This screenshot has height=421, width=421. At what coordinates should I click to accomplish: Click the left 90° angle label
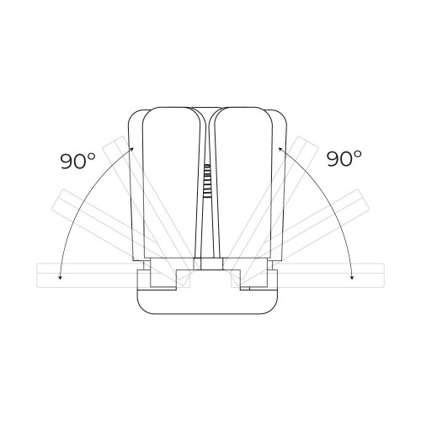[x=77, y=161]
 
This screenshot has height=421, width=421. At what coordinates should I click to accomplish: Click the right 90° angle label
[x=344, y=158]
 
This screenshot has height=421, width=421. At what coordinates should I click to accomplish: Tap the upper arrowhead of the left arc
[x=131, y=148]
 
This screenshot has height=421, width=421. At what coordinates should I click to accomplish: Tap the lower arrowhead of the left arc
[x=60, y=278]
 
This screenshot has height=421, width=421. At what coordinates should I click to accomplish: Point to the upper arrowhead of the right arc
[x=280, y=149]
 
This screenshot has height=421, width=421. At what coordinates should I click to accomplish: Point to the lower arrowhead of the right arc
[x=352, y=278]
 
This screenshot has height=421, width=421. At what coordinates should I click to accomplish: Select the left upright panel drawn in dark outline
[x=172, y=183]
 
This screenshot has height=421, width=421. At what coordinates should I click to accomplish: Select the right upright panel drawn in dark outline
[x=243, y=183]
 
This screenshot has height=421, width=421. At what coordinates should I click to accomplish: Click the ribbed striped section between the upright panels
[x=207, y=181]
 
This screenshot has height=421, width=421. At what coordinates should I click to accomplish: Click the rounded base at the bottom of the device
[x=207, y=301]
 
